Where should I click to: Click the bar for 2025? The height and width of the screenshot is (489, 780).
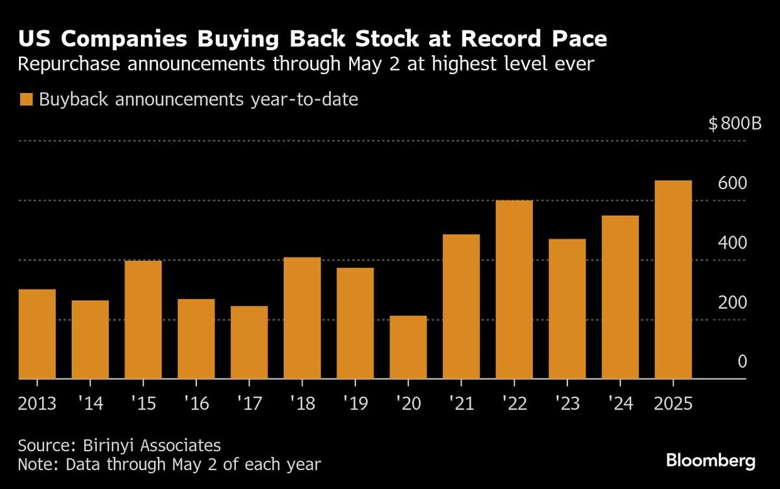pos(673,280)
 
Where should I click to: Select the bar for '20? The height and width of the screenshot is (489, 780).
pos(408,347)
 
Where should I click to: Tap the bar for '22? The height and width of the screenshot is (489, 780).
pos(514,289)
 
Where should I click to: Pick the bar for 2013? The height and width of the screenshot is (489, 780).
pos(37,334)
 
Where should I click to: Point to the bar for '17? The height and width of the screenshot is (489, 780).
pos(249,342)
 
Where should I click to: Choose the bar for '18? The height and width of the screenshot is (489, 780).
pos(302,318)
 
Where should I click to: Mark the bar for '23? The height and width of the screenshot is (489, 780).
pos(567,309)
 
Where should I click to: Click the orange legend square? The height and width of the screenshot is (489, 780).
pos(26,100)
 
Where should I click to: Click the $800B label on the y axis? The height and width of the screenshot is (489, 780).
pos(734,124)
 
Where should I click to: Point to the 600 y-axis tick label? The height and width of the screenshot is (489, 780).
pos(733,183)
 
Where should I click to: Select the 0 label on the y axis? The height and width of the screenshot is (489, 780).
pos(742,362)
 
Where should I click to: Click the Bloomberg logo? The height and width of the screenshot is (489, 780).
pos(710,461)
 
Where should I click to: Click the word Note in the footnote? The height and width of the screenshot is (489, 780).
pos(34,465)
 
